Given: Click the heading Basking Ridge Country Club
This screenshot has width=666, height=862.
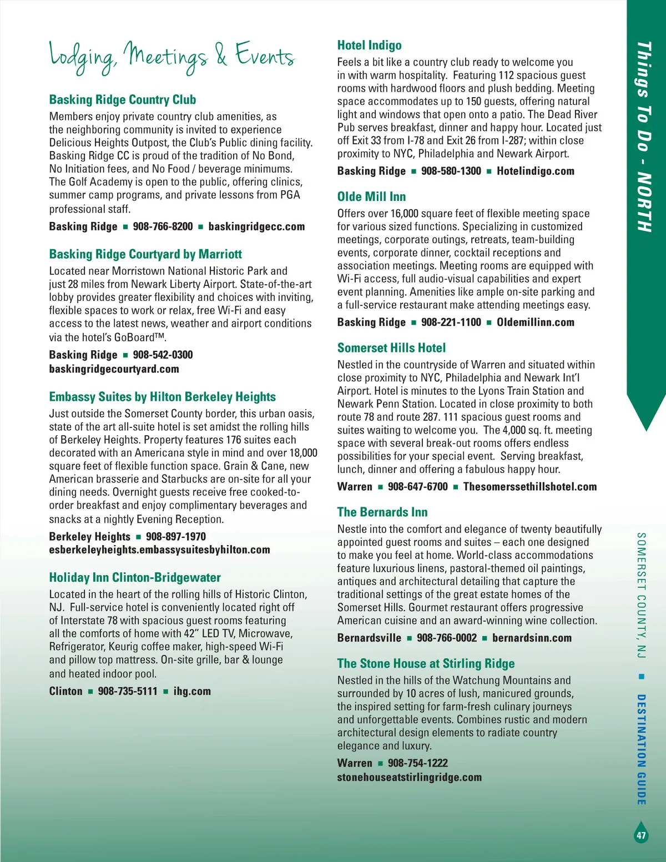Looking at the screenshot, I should pos(123,100).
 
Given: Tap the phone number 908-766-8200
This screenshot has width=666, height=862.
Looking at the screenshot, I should pos(163,226).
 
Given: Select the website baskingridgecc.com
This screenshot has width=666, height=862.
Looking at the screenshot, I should pos(256,226).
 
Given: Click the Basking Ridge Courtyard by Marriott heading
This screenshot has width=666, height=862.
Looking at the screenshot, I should pos(145,254).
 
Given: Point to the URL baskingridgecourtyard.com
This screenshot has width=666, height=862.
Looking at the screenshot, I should pos(114,369).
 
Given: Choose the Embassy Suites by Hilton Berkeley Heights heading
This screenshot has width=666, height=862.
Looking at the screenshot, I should pos(162,397).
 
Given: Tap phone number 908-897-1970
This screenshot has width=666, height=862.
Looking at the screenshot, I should pos(175,537).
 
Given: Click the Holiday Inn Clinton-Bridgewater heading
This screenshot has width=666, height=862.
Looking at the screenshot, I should pos(135,578).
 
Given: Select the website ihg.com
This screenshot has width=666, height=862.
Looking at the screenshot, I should pos(192,692).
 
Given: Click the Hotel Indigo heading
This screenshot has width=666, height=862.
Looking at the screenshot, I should pos(369,46).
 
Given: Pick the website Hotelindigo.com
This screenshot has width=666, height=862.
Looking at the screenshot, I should pos(535,171).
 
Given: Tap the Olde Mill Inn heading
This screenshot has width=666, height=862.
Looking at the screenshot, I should pos(371,197).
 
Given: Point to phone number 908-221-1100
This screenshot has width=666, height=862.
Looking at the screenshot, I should pos(451,322).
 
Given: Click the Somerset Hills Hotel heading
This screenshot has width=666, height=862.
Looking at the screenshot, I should pos(391,348).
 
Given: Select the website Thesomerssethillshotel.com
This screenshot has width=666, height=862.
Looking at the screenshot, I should pos(529,487).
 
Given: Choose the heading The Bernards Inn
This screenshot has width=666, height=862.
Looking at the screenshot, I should pos(382,512).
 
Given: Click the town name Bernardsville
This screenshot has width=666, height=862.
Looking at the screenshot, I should pos(369,638).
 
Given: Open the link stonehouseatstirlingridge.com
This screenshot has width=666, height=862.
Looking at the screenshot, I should pos(409,778).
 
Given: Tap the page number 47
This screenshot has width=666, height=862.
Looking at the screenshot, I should pos(641,835).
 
